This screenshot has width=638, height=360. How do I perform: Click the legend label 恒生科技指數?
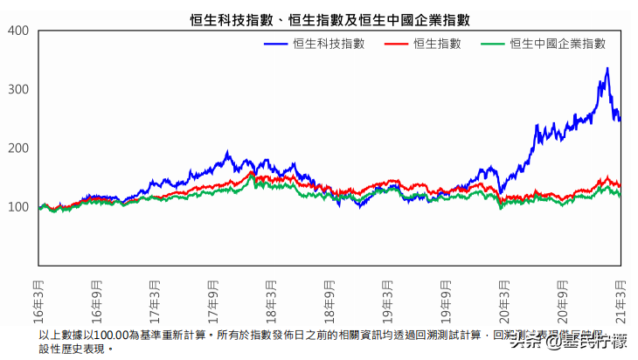329,44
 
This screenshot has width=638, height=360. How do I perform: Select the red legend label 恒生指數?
437,44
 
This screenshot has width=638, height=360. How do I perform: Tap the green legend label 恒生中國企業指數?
557,44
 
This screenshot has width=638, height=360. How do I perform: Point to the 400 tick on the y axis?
19,31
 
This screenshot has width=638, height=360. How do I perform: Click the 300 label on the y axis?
19,90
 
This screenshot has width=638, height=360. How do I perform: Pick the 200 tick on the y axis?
19,149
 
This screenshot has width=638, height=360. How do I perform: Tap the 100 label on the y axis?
19,207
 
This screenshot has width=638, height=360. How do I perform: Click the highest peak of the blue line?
607,68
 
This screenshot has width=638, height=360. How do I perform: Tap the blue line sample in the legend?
276,44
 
